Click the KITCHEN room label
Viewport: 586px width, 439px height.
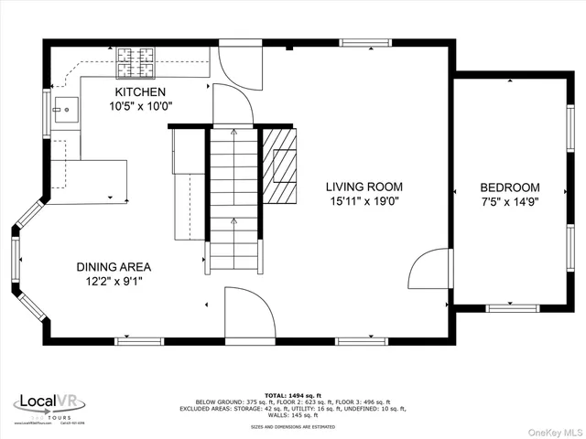[x=140, y=92]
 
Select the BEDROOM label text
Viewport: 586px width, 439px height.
[x=510, y=187]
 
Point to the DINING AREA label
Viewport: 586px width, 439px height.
[x=114, y=267]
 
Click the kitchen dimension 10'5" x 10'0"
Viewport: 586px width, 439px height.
[x=141, y=106]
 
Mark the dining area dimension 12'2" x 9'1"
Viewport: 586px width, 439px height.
[x=114, y=282]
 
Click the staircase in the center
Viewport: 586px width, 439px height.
[x=233, y=199]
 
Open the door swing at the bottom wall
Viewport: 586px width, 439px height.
[x=249, y=316]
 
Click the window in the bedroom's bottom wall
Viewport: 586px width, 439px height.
[x=512, y=308]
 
